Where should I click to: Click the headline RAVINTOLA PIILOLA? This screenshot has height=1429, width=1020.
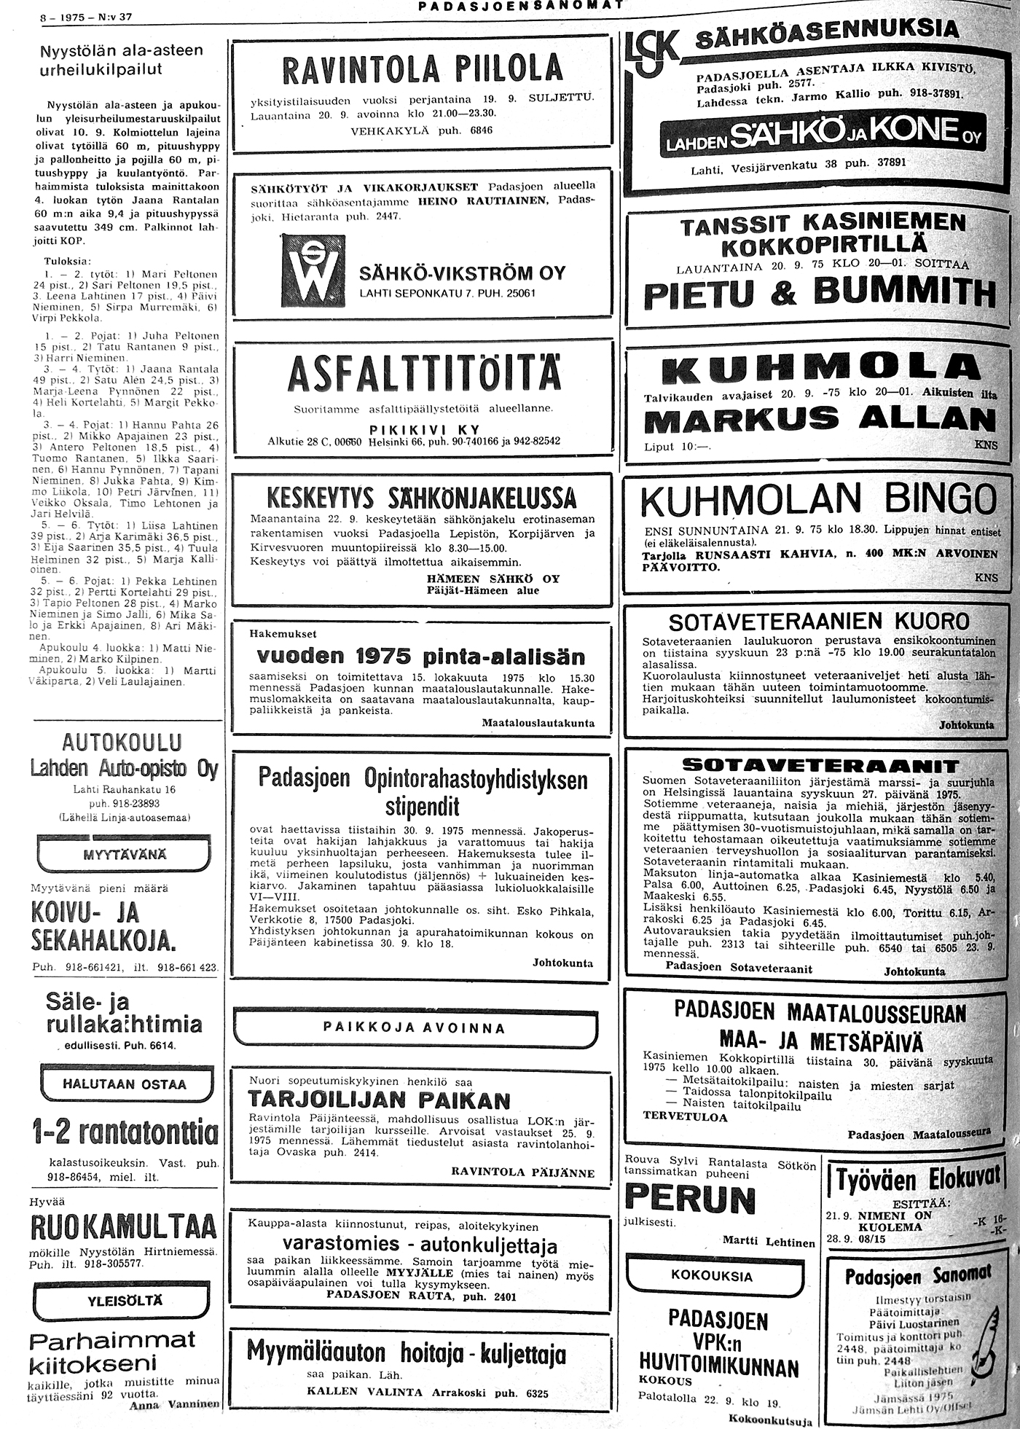(x=422, y=70)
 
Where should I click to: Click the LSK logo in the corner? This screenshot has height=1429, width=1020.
(x=651, y=52)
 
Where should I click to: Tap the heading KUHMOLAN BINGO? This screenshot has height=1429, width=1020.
(x=817, y=500)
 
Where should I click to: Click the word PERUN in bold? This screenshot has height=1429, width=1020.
(x=680, y=1199)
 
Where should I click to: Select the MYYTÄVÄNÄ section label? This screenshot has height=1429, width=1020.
(x=124, y=853)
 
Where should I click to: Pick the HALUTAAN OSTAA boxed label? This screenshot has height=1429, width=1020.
(x=124, y=1084)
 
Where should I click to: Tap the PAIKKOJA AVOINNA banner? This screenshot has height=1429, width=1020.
(x=414, y=1028)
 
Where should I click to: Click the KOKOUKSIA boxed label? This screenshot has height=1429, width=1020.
(x=711, y=1275)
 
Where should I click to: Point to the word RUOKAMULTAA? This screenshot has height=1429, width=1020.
(x=124, y=1227)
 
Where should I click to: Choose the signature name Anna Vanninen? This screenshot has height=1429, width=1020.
(x=173, y=1403)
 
